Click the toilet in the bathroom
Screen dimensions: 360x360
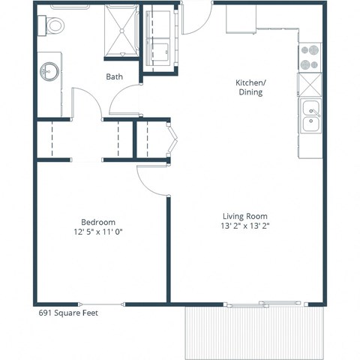pyautogui.click(x=55, y=24)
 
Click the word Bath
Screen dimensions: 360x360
pyautogui.click(x=114, y=76)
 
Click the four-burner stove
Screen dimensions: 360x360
pyautogui.click(x=310, y=56)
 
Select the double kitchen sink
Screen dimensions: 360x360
pyautogui.click(x=310, y=118)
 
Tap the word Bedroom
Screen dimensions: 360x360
pyautogui.click(x=98, y=222)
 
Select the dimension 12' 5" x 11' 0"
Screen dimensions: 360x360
pyautogui.click(x=98, y=232)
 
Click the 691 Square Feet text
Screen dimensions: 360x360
pyautogui.click(x=68, y=313)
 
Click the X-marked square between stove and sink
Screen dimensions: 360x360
pyautogui.click(x=310, y=84)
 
